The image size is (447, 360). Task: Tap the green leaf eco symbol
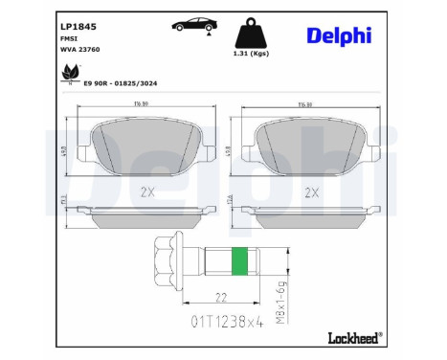coord(70,73)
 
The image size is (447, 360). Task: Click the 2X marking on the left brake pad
coord(146,191)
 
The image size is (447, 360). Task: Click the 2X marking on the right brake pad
coord(309,191)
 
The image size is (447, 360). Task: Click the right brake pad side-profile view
coord(308,215)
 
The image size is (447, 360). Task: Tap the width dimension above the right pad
coord(308,105)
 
